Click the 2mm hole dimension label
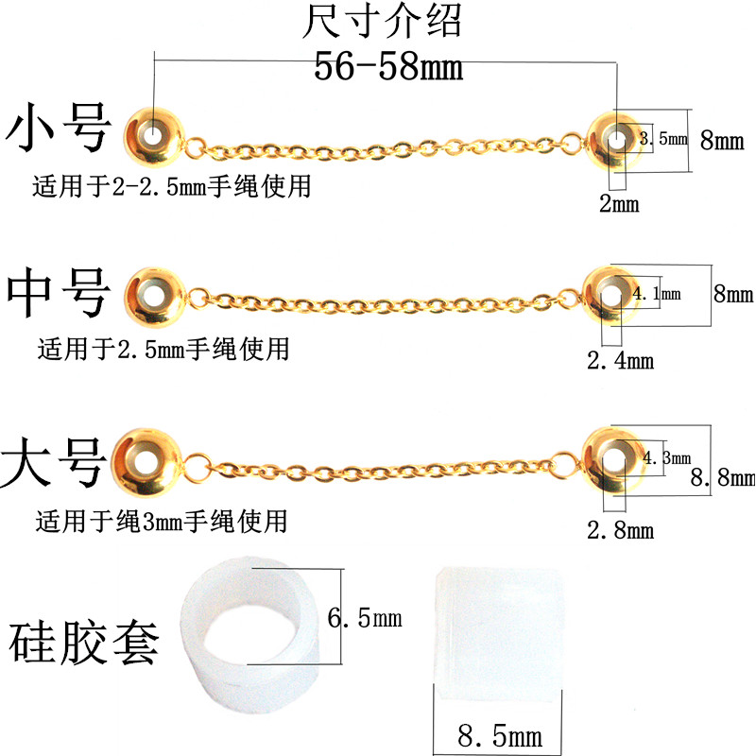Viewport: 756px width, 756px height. [x=619, y=202]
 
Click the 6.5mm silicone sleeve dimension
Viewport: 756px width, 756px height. [x=365, y=619]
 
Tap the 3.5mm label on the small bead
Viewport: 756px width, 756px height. [x=660, y=139]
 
